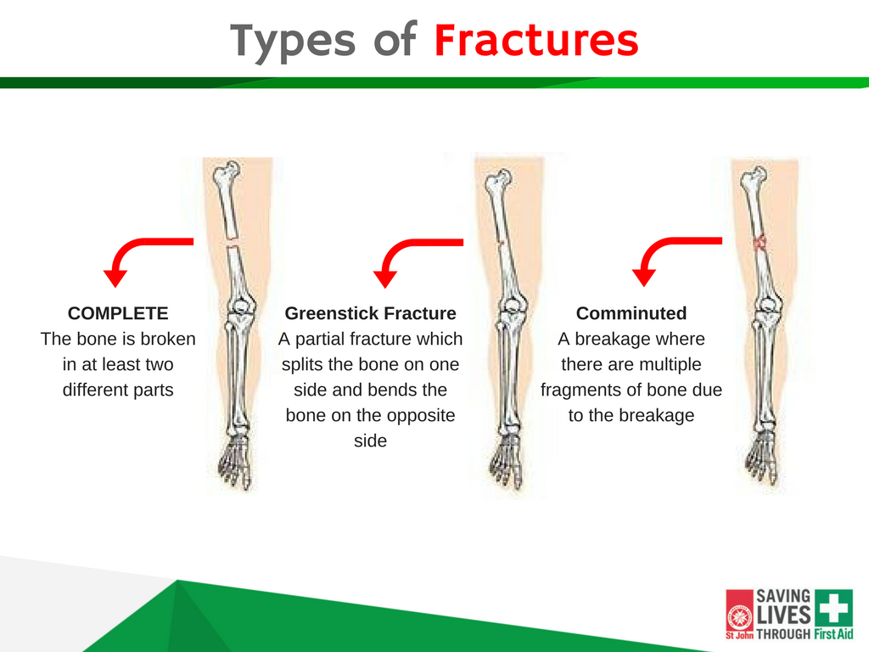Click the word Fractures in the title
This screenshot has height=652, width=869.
click(x=536, y=41)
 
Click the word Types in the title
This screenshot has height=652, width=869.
click(x=293, y=42)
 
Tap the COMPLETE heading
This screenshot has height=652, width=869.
click(x=118, y=313)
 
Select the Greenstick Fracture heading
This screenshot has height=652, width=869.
click(x=370, y=313)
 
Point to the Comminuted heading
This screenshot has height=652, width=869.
click(x=631, y=313)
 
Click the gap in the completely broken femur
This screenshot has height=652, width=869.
click(x=233, y=242)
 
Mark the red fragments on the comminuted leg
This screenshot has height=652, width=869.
click(x=760, y=242)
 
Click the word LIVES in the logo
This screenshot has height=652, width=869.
click(x=783, y=615)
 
